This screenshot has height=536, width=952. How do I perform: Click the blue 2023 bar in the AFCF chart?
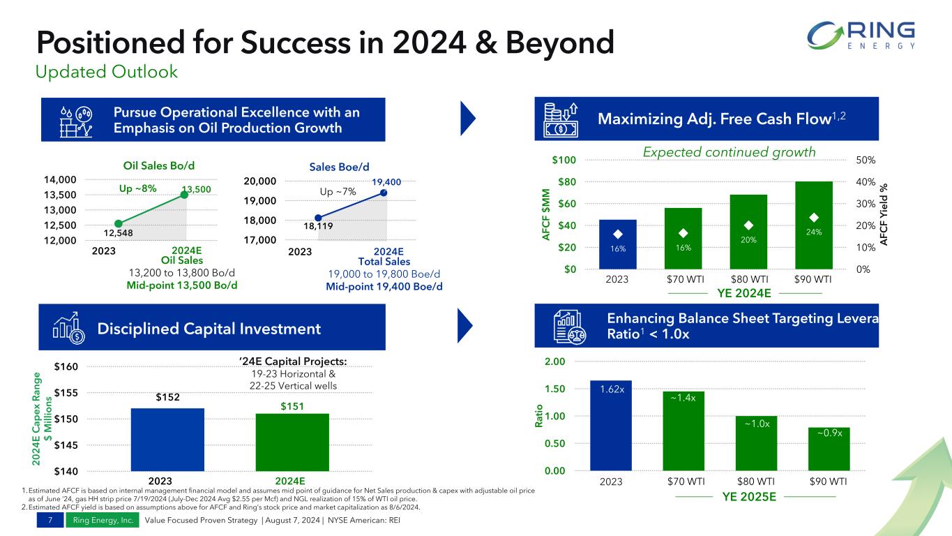(617, 244)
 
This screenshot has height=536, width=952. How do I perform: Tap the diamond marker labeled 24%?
(813, 217)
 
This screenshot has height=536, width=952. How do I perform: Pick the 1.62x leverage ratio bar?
(611, 425)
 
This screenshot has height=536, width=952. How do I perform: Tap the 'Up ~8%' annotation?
(137, 188)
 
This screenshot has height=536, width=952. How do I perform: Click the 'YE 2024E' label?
(745, 292)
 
